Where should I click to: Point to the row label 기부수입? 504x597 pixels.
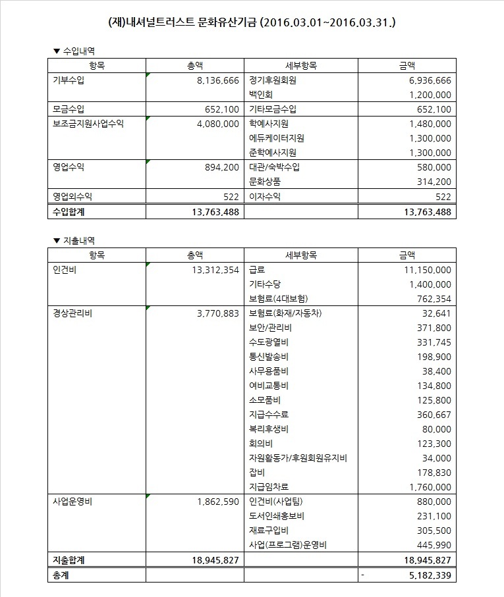point(69,80)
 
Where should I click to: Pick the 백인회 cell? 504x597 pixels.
point(260,95)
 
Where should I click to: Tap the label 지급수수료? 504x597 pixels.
point(269,415)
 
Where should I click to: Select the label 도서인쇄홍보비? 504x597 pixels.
point(277,516)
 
